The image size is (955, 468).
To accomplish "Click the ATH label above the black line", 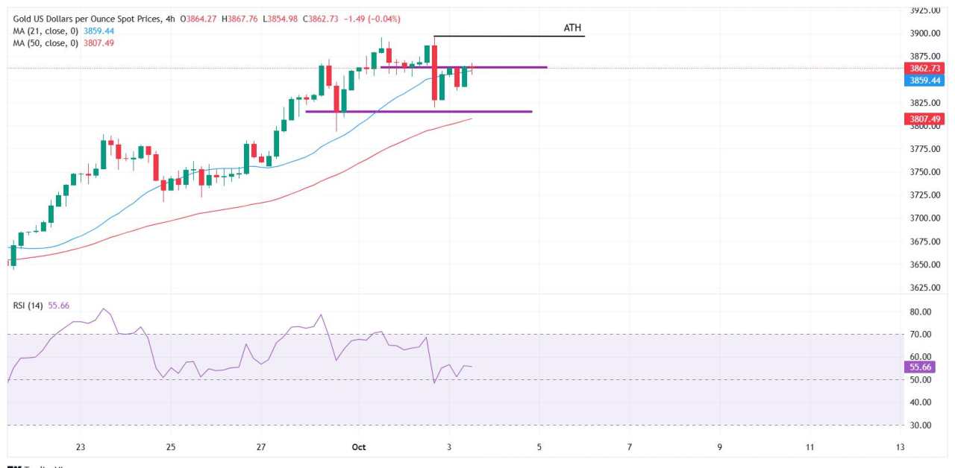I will pyautogui.click(x=573, y=28).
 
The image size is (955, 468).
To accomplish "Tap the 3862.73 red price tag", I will pyautogui.click(x=923, y=68).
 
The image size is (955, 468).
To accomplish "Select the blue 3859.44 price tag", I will pyautogui.click(x=923, y=80).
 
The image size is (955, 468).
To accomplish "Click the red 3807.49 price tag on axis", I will pyautogui.click(x=923, y=118).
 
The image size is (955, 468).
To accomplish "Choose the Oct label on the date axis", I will pyautogui.click(x=359, y=446).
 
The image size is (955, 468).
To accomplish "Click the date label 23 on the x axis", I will pyautogui.click(x=81, y=446).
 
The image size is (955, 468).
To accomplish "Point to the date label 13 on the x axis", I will pyautogui.click(x=901, y=446).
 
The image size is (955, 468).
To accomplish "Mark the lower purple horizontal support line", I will pyautogui.click(x=419, y=112).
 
